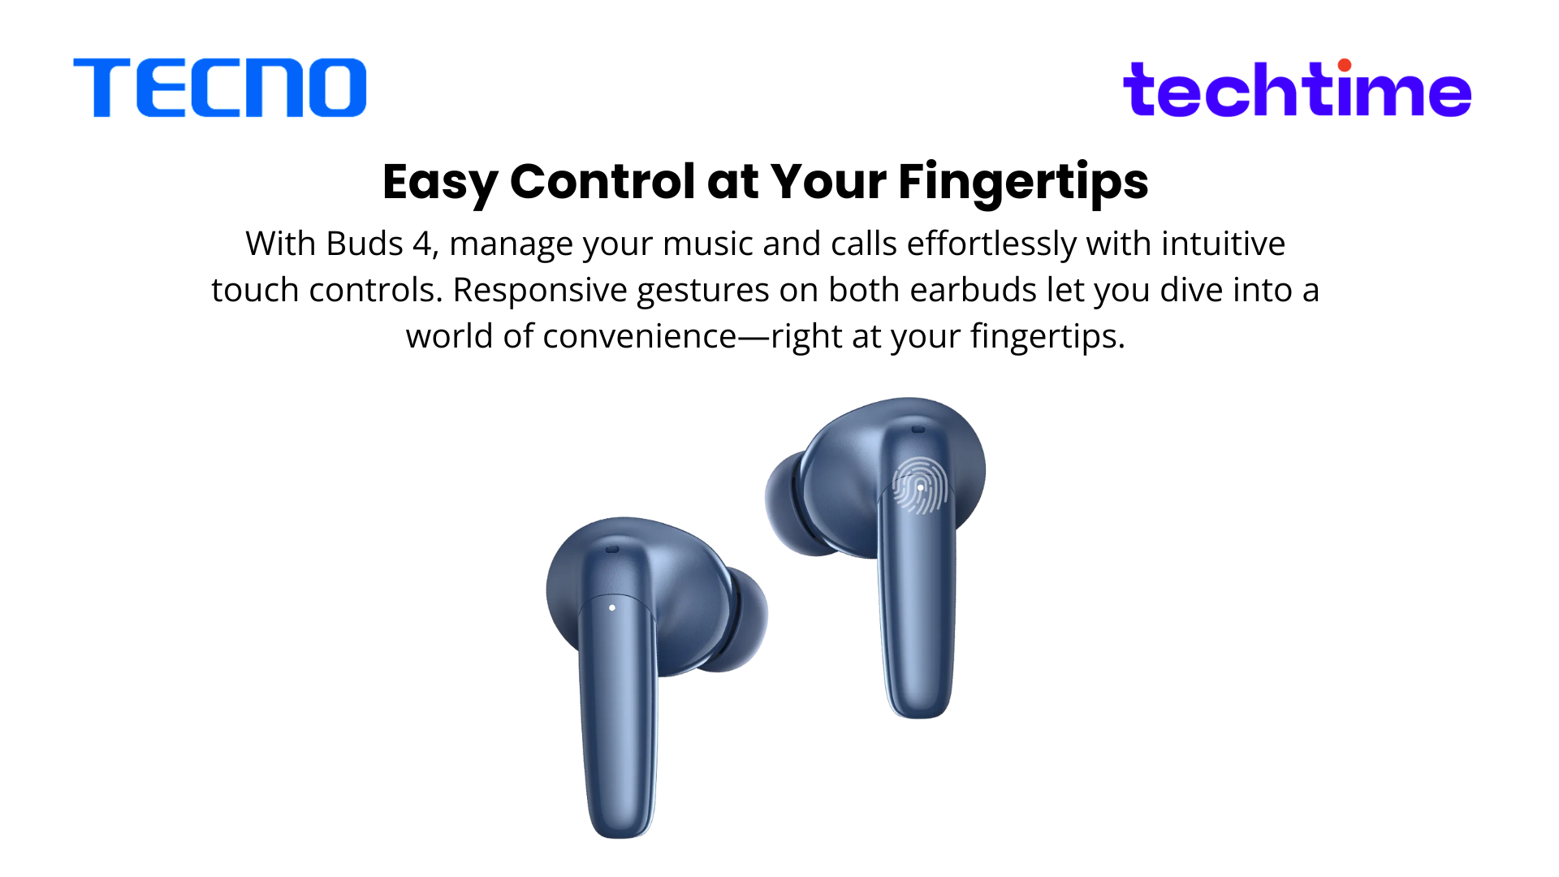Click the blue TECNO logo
click(220, 88)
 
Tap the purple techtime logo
click(1297, 89)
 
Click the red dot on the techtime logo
click(1345, 65)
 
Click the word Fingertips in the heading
click(1023, 182)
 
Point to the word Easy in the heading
click(440, 182)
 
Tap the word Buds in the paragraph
click(365, 243)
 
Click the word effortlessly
click(991, 243)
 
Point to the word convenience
click(639, 336)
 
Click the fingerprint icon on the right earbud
click(920, 486)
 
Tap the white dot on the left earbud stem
click(612, 607)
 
